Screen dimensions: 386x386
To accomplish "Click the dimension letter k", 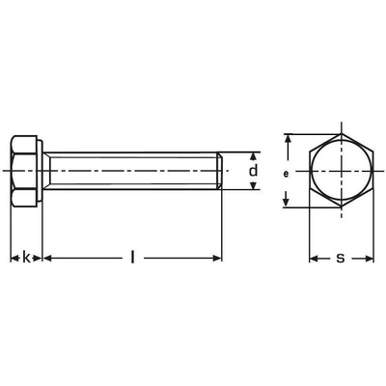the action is click(x=26, y=258).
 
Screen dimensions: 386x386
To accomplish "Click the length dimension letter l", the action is click(x=132, y=257).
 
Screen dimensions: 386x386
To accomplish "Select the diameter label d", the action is click(x=254, y=170).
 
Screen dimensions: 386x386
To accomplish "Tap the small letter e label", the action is click(x=286, y=174).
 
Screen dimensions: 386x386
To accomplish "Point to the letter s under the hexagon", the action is click(x=341, y=258).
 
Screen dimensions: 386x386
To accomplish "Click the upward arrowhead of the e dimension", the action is click(x=289, y=140).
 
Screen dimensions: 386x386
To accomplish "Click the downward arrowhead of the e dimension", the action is click(x=286, y=202).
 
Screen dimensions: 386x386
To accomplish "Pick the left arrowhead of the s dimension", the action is click(x=314, y=258).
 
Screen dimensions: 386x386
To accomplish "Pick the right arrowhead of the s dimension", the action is click(x=369, y=258).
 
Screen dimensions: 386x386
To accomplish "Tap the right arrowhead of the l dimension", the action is click(x=216, y=258).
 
